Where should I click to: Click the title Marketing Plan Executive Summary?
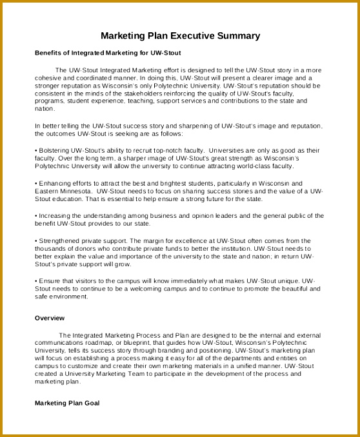pyautogui.click(x=181, y=35)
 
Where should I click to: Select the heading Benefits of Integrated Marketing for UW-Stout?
pyautogui.click(x=108, y=52)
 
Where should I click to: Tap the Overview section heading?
pyautogui.click(x=50, y=318)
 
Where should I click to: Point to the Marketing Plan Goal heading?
pyautogui.click(x=67, y=403)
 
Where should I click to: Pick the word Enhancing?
pyautogui.click(x=55, y=183)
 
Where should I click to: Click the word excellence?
pyautogui.click(x=185, y=240)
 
